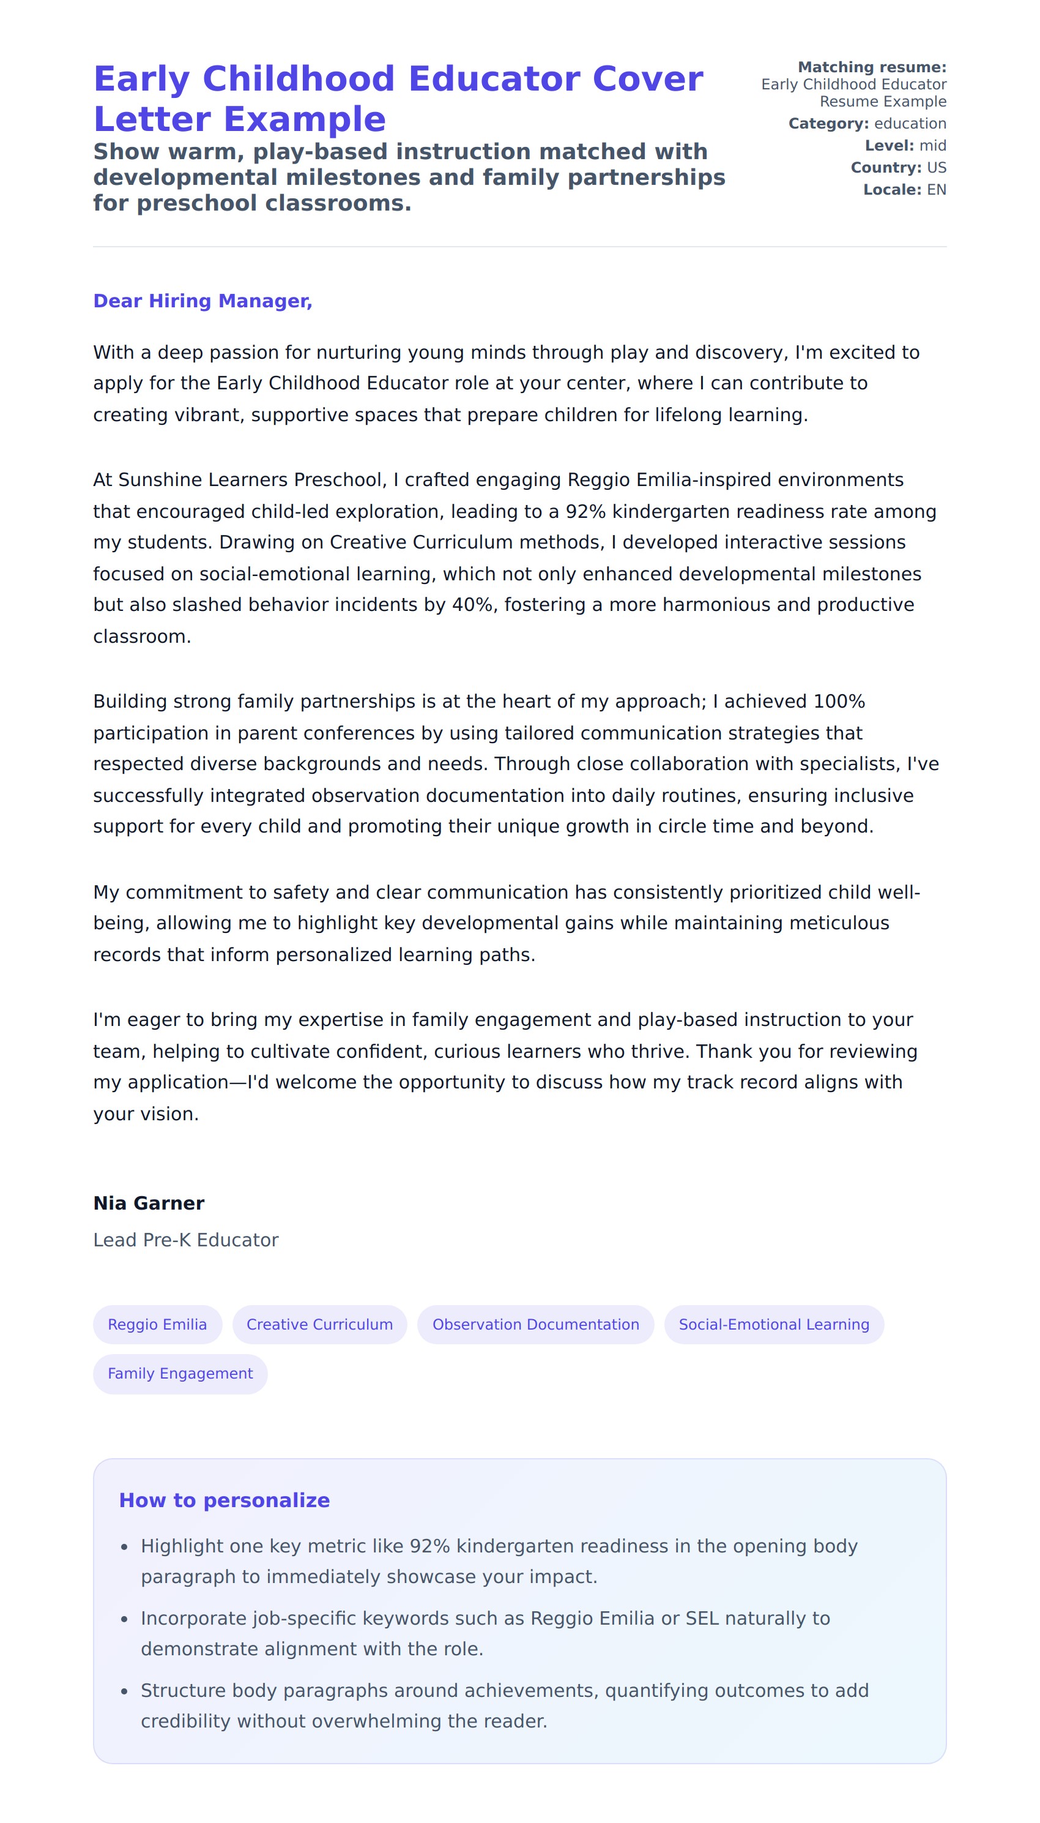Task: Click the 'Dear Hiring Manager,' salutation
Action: [x=203, y=301]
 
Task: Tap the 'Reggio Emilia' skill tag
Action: [x=157, y=1324]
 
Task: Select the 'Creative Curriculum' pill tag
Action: [x=319, y=1324]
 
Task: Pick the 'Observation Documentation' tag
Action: [x=536, y=1324]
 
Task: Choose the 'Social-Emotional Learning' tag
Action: [x=773, y=1324]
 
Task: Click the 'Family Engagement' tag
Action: [x=180, y=1374]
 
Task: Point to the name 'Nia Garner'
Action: [x=149, y=1203]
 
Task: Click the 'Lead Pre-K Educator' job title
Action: [x=186, y=1240]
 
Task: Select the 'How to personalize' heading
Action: [x=225, y=1500]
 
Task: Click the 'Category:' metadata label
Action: [x=828, y=124]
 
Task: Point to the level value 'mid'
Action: [x=932, y=146]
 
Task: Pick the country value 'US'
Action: [x=937, y=168]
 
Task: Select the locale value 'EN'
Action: [x=937, y=190]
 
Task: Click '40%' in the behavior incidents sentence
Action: [x=472, y=605]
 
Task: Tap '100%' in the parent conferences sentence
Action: [x=839, y=701]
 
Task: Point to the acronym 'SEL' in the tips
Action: [x=702, y=1618]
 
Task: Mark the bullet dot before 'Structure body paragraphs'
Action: [x=124, y=1691]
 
